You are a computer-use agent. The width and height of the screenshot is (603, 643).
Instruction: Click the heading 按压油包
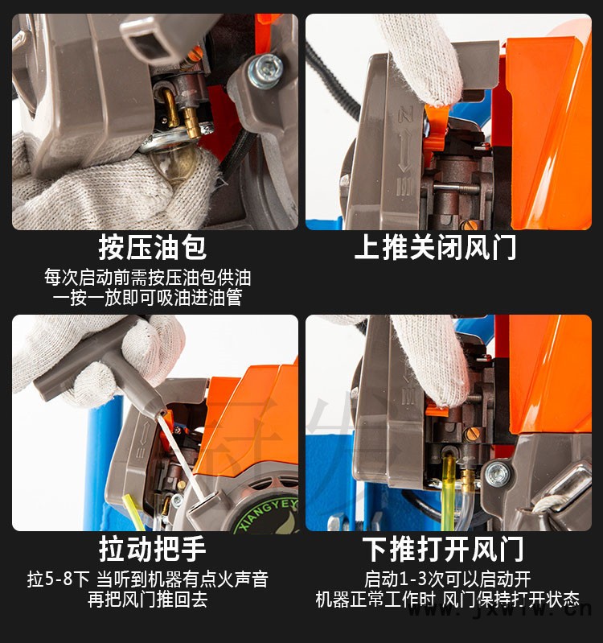click(152, 248)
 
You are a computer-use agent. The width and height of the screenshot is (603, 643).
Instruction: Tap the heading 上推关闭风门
click(435, 248)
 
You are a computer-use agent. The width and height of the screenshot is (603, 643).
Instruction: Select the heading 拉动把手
click(152, 549)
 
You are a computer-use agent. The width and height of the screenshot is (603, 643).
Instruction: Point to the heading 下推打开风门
click(443, 549)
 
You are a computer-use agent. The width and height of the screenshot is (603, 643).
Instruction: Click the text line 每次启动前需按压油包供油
click(147, 278)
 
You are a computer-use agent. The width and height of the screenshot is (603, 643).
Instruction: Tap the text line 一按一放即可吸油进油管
click(147, 298)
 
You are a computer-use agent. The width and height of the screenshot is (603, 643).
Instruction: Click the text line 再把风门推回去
click(147, 600)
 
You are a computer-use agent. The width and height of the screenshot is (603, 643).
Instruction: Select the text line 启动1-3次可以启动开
click(447, 579)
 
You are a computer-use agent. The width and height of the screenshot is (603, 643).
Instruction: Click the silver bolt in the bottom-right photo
click(497, 475)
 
